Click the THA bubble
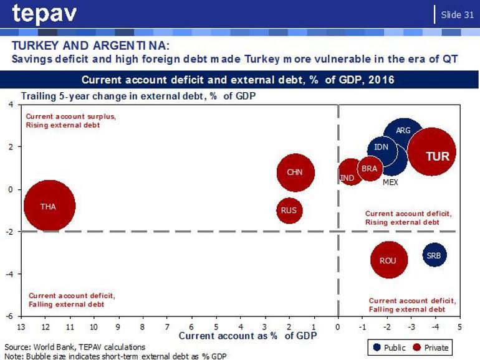(x=49, y=206)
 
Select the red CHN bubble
(x=294, y=172)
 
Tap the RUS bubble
(x=289, y=211)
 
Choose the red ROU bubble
(x=388, y=260)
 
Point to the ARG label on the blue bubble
(x=403, y=131)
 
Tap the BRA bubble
(x=369, y=169)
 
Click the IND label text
(x=347, y=178)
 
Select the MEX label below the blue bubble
(x=390, y=182)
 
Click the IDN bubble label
(x=381, y=148)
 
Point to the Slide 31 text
(x=457, y=14)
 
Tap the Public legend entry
(x=388, y=348)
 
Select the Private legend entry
(x=430, y=348)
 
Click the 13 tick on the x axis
(x=21, y=326)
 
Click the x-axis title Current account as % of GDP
(x=247, y=336)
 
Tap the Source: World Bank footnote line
(x=75, y=346)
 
